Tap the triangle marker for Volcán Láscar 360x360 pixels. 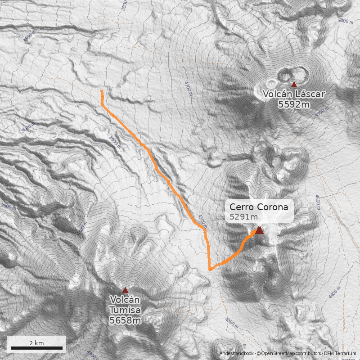click(294, 84)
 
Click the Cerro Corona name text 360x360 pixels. click(258, 207)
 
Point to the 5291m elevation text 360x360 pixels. click(243, 217)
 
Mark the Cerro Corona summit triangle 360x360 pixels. click(259, 230)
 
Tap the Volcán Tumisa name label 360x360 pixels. click(125, 305)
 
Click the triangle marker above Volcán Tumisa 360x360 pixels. click(125, 290)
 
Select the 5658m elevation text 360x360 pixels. click(125, 320)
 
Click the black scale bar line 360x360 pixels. click(36, 348)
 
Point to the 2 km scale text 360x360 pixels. click(36, 342)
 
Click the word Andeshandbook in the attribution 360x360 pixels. click(237, 354)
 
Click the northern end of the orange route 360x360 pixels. click(102, 91)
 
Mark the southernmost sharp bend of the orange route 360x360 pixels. click(210, 269)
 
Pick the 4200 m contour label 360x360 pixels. click(188, 89)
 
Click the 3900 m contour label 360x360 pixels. click(115, 142)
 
